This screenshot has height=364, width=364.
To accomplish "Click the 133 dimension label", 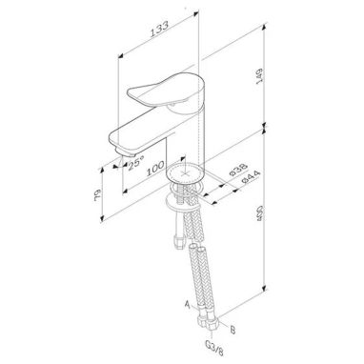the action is coord(159,30).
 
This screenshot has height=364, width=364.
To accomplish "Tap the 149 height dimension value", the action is coord(260,76).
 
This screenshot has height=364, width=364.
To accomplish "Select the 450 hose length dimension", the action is coord(260,213).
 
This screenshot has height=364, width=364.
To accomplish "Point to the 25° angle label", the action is coord(136,164).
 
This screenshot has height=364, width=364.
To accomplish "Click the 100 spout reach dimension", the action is coord(155,169).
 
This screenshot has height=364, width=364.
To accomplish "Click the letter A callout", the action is coord(188,305).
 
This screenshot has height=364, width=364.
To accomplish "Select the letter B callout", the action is coord(233,331).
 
